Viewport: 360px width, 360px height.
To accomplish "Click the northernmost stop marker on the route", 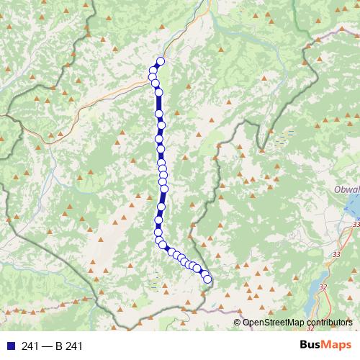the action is tap(161, 62).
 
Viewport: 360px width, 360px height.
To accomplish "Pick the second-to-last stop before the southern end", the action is tap(206, 274).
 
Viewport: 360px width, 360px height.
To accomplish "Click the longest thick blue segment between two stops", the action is tap(159, 109).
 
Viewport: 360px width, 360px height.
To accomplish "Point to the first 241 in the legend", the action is tap(30, 346).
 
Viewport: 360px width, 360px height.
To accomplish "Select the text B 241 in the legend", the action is tap(69, 346).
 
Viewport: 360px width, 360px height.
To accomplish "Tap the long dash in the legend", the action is tap(47, 346).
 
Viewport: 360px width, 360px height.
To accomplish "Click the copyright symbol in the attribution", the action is tap(238, 323).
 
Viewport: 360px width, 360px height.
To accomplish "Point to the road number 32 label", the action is tap(322, 287).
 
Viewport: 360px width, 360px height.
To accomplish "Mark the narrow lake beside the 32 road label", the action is tap(315, 295).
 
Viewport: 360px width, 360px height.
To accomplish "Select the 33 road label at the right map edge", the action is tap(356, 225).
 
